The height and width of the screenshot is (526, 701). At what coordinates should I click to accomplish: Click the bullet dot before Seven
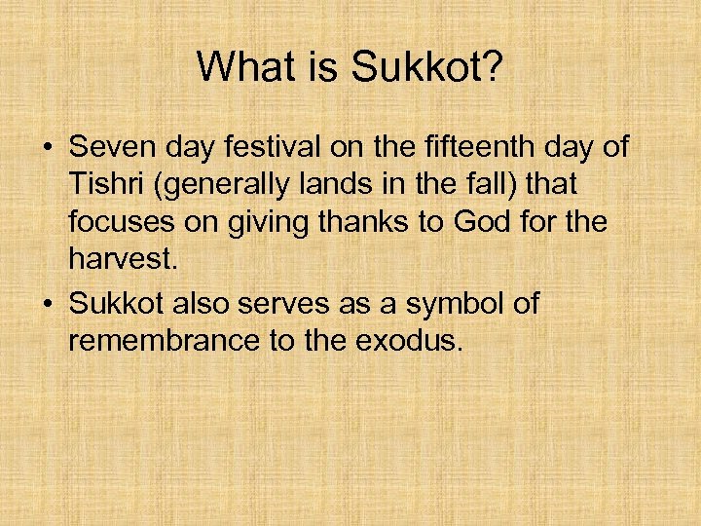tap(47, 149)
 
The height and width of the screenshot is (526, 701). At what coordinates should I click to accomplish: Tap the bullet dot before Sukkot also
tap(47, 305)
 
